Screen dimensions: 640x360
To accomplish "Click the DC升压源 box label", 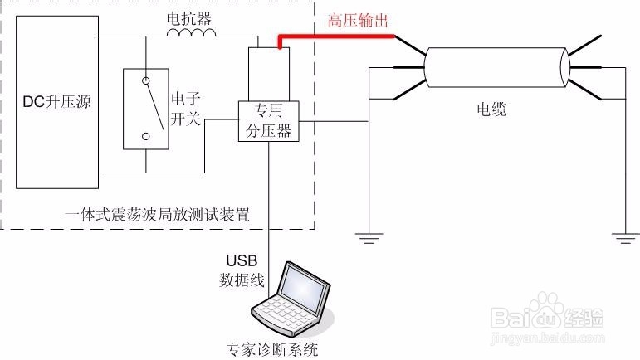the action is coord(56,102).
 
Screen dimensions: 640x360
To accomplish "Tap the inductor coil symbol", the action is coord(191,33).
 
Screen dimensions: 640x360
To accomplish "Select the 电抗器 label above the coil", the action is coord(189,18).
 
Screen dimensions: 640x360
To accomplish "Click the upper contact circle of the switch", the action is coord(146,80).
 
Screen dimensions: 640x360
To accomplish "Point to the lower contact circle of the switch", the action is coord(146,137).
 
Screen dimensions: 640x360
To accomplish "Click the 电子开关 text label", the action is coord(186,109).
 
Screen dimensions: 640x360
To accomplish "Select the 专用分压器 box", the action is coord(269,121).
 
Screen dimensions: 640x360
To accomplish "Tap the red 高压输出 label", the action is coord(358,21).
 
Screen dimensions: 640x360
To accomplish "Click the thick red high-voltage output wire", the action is coord(336,36).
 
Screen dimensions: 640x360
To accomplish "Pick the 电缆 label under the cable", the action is coord(491,109).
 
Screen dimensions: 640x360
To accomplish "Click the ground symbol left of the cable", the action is coord(369,238).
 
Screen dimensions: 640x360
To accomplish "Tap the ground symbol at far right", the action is coord(625,238).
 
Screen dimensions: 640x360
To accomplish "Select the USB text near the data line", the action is coord(242,260).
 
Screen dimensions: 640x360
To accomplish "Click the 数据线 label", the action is coord(242,280).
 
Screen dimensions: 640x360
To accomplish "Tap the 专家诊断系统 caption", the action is coord(271,349).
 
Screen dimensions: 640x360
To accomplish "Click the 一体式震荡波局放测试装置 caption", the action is coord(157,215).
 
